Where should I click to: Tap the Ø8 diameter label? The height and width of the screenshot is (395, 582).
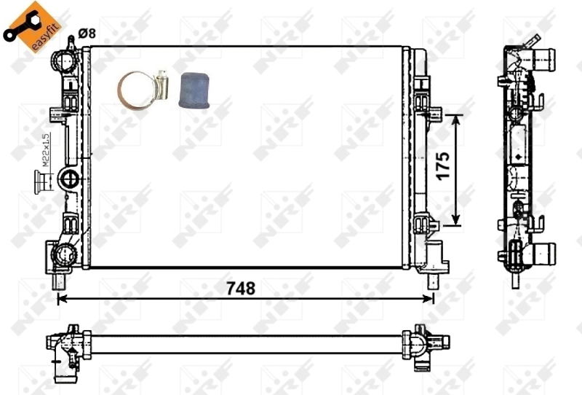pyautogui.click(x=86, y=32)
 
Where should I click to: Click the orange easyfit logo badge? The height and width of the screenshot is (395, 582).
pyautogui.click(x=29, y=26)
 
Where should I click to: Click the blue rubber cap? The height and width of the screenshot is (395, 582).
pyautogui.click(x=194, y=90)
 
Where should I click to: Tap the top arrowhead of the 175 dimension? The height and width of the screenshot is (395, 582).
pyautogui.click(x=456, y=119)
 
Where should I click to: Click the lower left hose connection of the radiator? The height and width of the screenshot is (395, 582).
pyautogui.click(x=63, y=254)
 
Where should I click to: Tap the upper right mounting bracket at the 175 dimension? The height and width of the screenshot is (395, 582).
pyautogui.click(x=431, y=114)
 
